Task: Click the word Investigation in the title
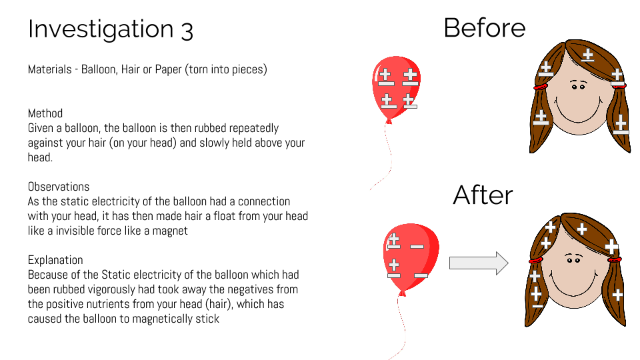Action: click(x=101, y=29)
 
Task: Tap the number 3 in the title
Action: click(x=187, y=31)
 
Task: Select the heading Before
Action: click(x=485, y=28)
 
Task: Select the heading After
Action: click(x=483, y=195)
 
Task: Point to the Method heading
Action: click(x=45, y=113)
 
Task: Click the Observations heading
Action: click(x=59, y=187)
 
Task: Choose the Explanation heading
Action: click(x=55, y=260)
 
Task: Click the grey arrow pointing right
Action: click(x=479, y=263)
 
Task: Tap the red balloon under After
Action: click(x=411, y=256)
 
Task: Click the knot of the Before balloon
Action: click(x=389, y=121)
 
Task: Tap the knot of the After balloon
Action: click(x=402, y=293)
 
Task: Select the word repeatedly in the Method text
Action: click(x=253, y=129)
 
